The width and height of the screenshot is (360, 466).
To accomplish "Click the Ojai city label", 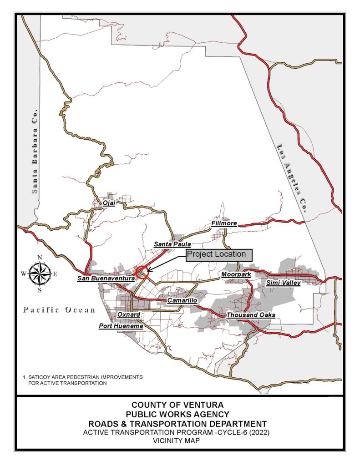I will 109,203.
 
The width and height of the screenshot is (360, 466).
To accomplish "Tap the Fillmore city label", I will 224,224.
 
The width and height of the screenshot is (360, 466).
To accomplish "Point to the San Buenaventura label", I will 106,278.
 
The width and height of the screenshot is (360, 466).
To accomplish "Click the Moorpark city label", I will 236,274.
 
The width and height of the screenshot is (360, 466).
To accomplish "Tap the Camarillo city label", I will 182,301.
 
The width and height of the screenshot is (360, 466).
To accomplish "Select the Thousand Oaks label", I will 250,315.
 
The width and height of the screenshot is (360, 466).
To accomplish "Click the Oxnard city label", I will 129,314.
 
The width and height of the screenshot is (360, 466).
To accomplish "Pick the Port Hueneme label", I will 121,326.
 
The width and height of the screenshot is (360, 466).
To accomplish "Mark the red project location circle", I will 142,272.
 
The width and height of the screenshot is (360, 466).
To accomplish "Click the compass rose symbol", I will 40,274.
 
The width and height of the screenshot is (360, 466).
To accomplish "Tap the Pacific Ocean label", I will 59,310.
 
